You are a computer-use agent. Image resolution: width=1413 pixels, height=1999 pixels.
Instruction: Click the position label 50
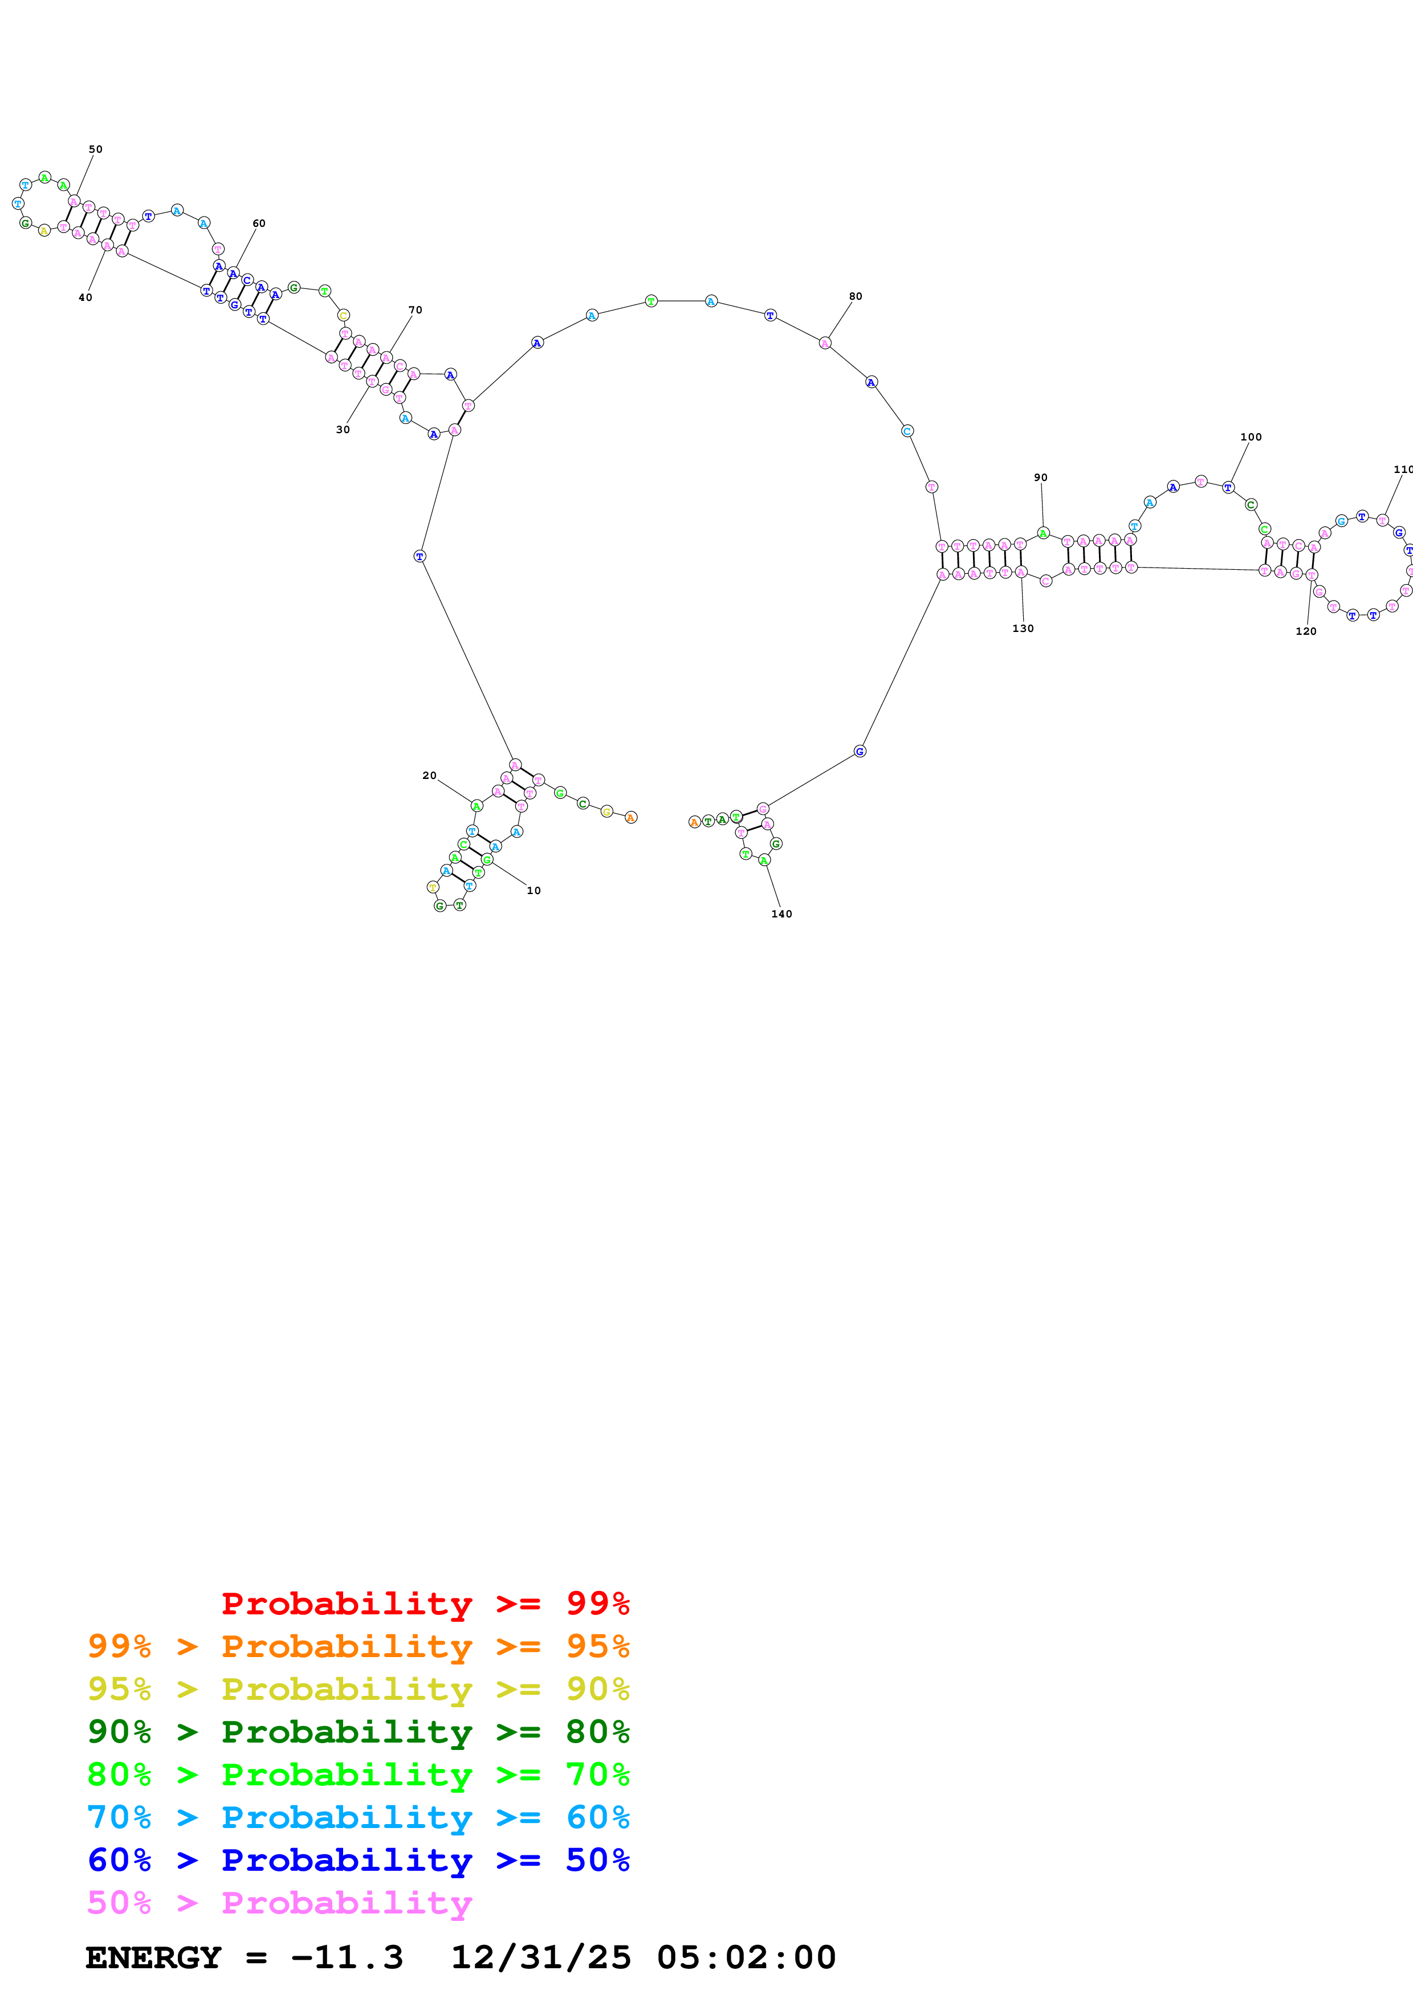coord(96,150)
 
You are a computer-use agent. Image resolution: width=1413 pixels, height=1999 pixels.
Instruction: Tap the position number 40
coord(85,298)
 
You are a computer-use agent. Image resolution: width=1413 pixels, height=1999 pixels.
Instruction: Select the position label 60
coord(259,224)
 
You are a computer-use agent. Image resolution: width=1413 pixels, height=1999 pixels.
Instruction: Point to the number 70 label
coord(416,310)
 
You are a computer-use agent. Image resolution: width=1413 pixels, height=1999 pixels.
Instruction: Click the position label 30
coord(343,430)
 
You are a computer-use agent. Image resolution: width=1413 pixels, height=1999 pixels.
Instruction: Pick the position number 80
coord(856,297)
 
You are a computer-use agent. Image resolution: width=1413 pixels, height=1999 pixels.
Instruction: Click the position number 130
coord(1023,629)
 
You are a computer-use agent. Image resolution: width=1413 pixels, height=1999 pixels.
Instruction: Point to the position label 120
coord(1306,632)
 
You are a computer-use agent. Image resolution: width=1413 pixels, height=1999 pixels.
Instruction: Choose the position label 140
coord(782,914)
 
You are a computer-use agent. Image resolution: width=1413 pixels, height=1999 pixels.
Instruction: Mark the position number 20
coord(429,776)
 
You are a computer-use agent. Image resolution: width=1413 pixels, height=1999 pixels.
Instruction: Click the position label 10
coord(534,891)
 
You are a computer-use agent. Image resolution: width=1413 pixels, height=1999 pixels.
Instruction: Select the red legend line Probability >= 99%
coord(425,1604)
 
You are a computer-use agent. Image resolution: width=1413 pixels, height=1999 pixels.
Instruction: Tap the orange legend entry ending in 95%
coord(359,1646)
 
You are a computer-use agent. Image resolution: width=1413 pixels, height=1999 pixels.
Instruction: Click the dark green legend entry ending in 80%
coord(359,1732)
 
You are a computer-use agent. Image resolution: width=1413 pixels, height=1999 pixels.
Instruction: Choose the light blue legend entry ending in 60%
coord(359,1817)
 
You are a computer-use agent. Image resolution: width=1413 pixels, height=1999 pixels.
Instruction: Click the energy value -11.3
coord(347,1958)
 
